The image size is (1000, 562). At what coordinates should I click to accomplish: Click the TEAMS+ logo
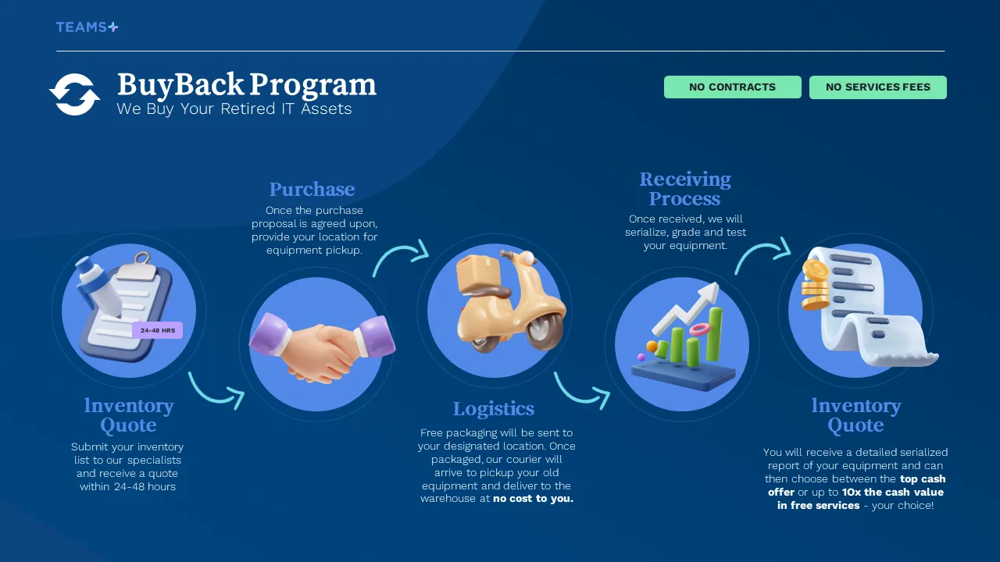87,27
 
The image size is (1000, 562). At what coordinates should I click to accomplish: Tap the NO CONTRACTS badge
733,87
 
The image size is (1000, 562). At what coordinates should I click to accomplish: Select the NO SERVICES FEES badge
877,87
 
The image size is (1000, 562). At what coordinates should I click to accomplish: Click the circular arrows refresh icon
74,94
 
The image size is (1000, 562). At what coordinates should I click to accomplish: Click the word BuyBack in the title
180,84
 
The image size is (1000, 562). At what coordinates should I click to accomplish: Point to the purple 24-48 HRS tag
158,330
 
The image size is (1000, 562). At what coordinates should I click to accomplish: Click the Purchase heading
312,189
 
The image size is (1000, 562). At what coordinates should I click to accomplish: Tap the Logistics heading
494,408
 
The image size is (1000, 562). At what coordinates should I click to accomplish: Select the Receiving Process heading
685,189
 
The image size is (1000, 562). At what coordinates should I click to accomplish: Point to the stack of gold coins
816,286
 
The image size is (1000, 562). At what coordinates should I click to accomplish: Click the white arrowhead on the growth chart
709,295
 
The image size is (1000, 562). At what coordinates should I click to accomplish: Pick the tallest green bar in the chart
715,334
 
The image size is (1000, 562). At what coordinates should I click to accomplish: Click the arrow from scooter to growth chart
581,393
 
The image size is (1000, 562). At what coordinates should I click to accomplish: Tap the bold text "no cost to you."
533,499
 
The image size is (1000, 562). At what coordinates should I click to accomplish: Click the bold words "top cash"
923,479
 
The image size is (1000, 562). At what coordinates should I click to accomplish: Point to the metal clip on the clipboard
139,265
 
